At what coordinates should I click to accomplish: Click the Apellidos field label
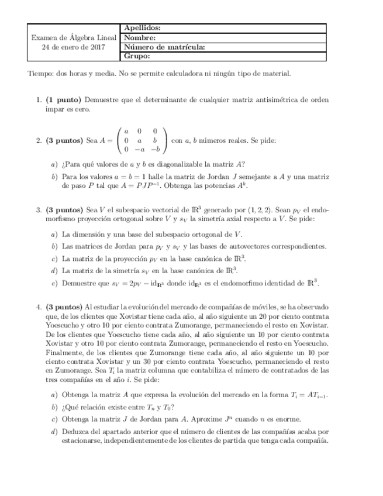pos(143,28)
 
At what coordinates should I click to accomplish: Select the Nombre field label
pos(139,37)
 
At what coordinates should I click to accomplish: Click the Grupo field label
pos(137,56)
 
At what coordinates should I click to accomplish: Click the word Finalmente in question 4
pos(63,353)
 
